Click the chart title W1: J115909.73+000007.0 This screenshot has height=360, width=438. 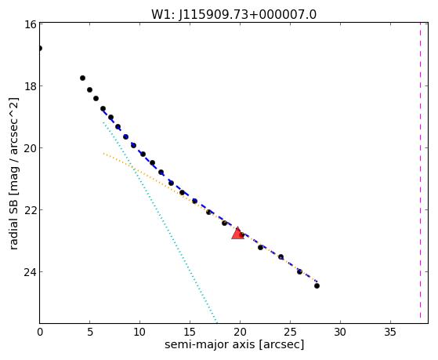234,15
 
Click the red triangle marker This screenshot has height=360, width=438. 237,233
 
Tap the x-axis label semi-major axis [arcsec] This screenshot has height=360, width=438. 234,344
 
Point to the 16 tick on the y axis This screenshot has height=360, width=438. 30,24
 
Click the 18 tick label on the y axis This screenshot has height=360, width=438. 30,85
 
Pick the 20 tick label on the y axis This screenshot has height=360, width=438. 30,148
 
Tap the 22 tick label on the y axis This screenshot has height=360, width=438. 30,209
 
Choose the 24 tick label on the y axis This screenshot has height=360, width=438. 30,272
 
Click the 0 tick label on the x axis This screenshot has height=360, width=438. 40,332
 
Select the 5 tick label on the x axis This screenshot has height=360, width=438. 89,332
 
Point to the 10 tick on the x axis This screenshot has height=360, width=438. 139,332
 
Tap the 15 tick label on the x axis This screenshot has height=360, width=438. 190,332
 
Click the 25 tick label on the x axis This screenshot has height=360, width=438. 290,332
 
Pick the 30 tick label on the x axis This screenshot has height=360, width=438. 340,332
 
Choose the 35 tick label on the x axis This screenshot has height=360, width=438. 390,332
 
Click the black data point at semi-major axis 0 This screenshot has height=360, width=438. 40,49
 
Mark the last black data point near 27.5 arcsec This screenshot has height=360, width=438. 317,285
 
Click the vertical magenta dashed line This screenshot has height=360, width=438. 420,173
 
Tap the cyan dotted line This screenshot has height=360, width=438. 160,223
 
